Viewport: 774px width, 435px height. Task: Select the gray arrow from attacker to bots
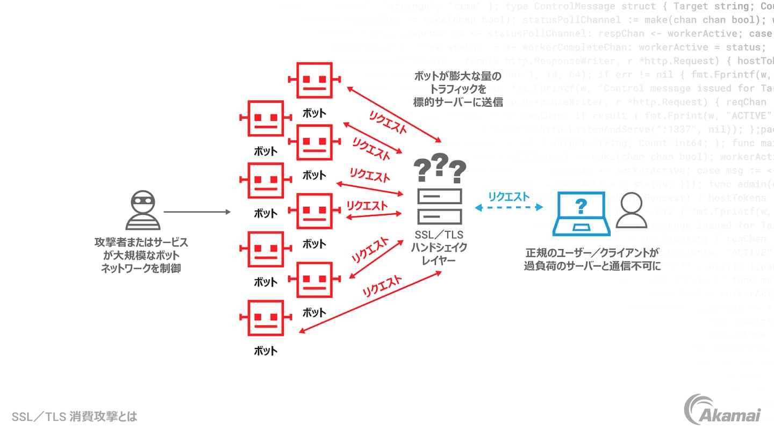point(197,212)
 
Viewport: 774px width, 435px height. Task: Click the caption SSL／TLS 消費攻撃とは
point(74,417)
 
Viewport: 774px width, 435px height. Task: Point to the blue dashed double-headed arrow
point(508,208)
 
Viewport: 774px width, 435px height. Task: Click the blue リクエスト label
point(508,197)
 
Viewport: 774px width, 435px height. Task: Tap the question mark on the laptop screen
point(580,206)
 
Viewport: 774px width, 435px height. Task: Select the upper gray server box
point(439,195)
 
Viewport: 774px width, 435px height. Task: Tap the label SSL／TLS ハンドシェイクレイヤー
point(439,248)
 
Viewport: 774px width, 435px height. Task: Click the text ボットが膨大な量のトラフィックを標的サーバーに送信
point(458,89)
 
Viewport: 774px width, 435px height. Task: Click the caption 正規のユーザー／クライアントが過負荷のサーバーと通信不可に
point(592,259)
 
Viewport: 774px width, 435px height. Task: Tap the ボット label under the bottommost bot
point(266,351)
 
